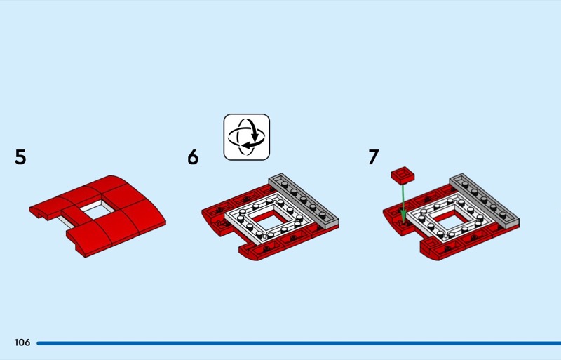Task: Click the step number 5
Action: coord(20,157)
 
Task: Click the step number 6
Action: coord(193,157)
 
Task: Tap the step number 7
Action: coord(374,157)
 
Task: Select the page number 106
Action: coord(22,342)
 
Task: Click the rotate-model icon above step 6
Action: coord(247,137)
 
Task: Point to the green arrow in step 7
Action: coord(403,204)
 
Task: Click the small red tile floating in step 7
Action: coord(403,175)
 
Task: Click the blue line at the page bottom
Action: coord(299,343)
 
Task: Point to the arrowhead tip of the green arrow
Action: coord(403,223)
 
